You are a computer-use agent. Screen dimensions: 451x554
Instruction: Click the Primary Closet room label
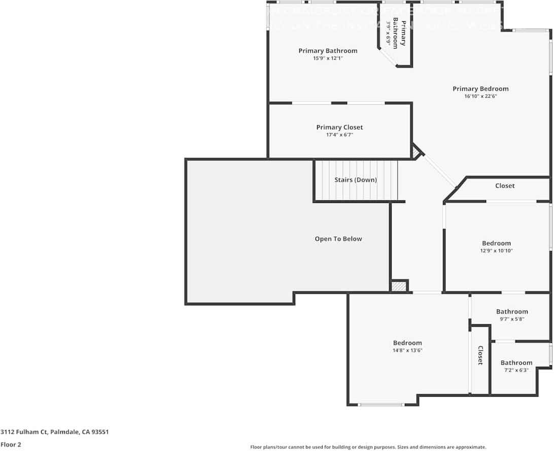(339, 127)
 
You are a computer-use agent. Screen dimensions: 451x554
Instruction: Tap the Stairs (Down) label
(356, 180)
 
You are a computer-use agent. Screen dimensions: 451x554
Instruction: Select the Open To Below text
(338, 239)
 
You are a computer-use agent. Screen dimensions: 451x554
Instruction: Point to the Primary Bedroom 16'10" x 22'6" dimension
(480, 96)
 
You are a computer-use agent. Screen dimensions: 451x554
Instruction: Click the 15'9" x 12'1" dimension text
(328, 58)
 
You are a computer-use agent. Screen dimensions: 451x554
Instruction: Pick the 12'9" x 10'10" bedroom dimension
(496, 251)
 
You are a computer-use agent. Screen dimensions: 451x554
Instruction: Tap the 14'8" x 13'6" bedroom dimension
(407, 350)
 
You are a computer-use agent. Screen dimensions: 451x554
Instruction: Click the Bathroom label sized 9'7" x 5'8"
(512, 311)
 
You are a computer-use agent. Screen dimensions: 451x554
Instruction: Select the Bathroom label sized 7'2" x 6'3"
(516, 363)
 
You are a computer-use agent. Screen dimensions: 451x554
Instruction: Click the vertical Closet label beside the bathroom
(480, 355)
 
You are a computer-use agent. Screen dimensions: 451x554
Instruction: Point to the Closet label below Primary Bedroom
(505, 186)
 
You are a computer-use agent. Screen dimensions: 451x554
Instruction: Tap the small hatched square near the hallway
(399, 286)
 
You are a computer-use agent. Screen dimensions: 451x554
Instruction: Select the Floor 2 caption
(11, 444)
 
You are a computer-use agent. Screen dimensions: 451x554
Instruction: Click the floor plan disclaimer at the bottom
(368, 447)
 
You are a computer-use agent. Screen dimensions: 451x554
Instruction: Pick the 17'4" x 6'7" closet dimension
(339, 135)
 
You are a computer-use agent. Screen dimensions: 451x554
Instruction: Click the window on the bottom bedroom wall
(381, 404)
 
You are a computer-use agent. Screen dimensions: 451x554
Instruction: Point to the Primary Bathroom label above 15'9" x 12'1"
(328, 51)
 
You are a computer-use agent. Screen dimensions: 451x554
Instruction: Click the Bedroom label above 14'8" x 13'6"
(407, 343)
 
